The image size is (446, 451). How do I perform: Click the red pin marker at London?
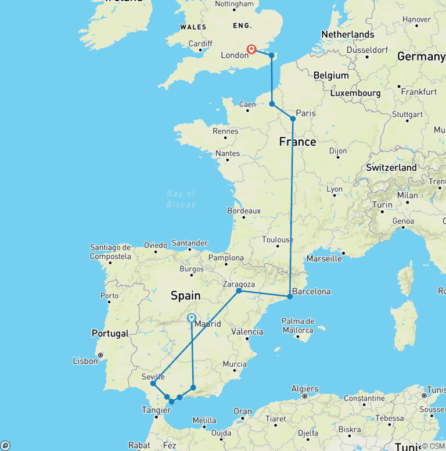click(251, 49)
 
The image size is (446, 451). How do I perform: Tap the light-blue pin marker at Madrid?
click(191, 318)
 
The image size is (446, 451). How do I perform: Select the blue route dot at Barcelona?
click(290, 296)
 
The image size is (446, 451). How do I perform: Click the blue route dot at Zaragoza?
click(239, 291)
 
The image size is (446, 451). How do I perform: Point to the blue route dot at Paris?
click(293, 119)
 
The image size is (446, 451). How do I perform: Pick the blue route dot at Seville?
click(153, 384)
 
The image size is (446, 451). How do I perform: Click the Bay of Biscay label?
click(181, 199)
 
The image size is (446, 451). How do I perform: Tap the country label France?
click(297, 142)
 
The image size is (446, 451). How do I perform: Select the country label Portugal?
click(110, 334)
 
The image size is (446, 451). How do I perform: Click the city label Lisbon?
click(85, 361)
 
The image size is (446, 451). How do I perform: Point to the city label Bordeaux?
click(244, 210)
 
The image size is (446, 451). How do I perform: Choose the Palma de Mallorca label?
click(298, 325)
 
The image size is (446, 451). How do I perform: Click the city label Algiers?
click(304, 389)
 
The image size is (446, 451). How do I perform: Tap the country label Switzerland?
click(391, 167)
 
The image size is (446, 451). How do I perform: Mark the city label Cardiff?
click(201, 44)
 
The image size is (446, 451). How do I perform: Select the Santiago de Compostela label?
click(110, 252)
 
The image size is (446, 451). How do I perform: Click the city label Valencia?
click(247, 332)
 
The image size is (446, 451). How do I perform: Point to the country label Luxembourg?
click(355, 93)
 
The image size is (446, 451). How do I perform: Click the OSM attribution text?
click(433, 446)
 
